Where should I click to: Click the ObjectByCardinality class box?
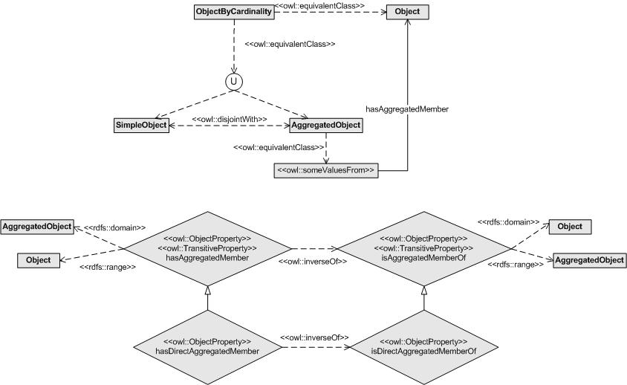coord(234,12)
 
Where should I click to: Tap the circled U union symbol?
coord(234,82)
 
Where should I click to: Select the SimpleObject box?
coord(141,126)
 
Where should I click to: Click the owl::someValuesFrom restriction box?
coord(326,170)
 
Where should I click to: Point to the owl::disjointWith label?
coord(230,119)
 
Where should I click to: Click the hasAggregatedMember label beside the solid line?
coord(407,109)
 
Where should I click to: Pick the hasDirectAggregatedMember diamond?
coord(207,347)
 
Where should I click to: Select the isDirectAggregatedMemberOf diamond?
coord(424,347)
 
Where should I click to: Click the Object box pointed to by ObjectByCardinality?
coord(407,12)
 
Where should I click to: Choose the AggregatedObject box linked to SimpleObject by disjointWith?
coord(326,126)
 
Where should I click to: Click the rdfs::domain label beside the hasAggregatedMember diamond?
coord(114,228)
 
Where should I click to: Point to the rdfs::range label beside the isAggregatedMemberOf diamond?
coord(516,265)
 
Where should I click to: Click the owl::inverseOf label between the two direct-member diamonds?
coord(314,337)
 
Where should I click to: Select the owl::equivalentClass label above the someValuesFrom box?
coord(279,148)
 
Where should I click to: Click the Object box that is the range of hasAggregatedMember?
coord(39,260)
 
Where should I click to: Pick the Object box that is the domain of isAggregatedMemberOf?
coord(570,227)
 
